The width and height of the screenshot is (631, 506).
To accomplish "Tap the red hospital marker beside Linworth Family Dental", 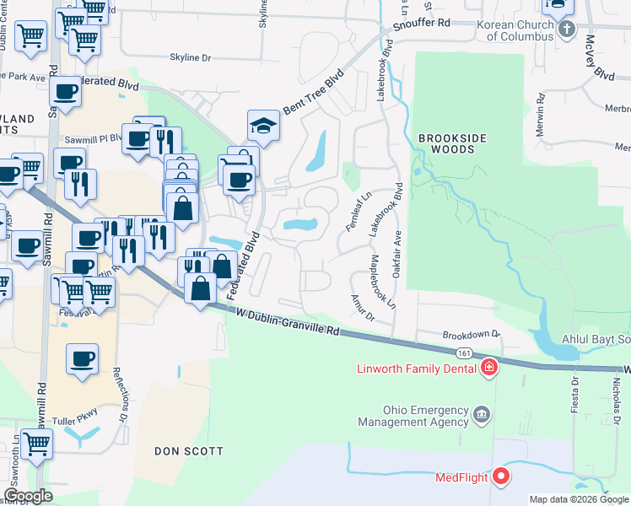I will [488, 368].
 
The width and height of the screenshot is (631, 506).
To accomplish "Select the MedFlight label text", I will [461, 477].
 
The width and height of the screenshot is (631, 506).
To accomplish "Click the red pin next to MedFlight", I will [502, 477].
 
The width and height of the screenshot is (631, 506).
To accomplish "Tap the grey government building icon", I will [482, 414].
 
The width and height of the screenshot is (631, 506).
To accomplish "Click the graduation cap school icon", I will [263, 126].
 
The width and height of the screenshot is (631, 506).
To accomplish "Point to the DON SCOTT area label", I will [189, 451].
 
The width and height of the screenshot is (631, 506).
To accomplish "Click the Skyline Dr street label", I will [191, 57].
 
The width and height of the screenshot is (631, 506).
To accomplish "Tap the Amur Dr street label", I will [362, 308].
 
